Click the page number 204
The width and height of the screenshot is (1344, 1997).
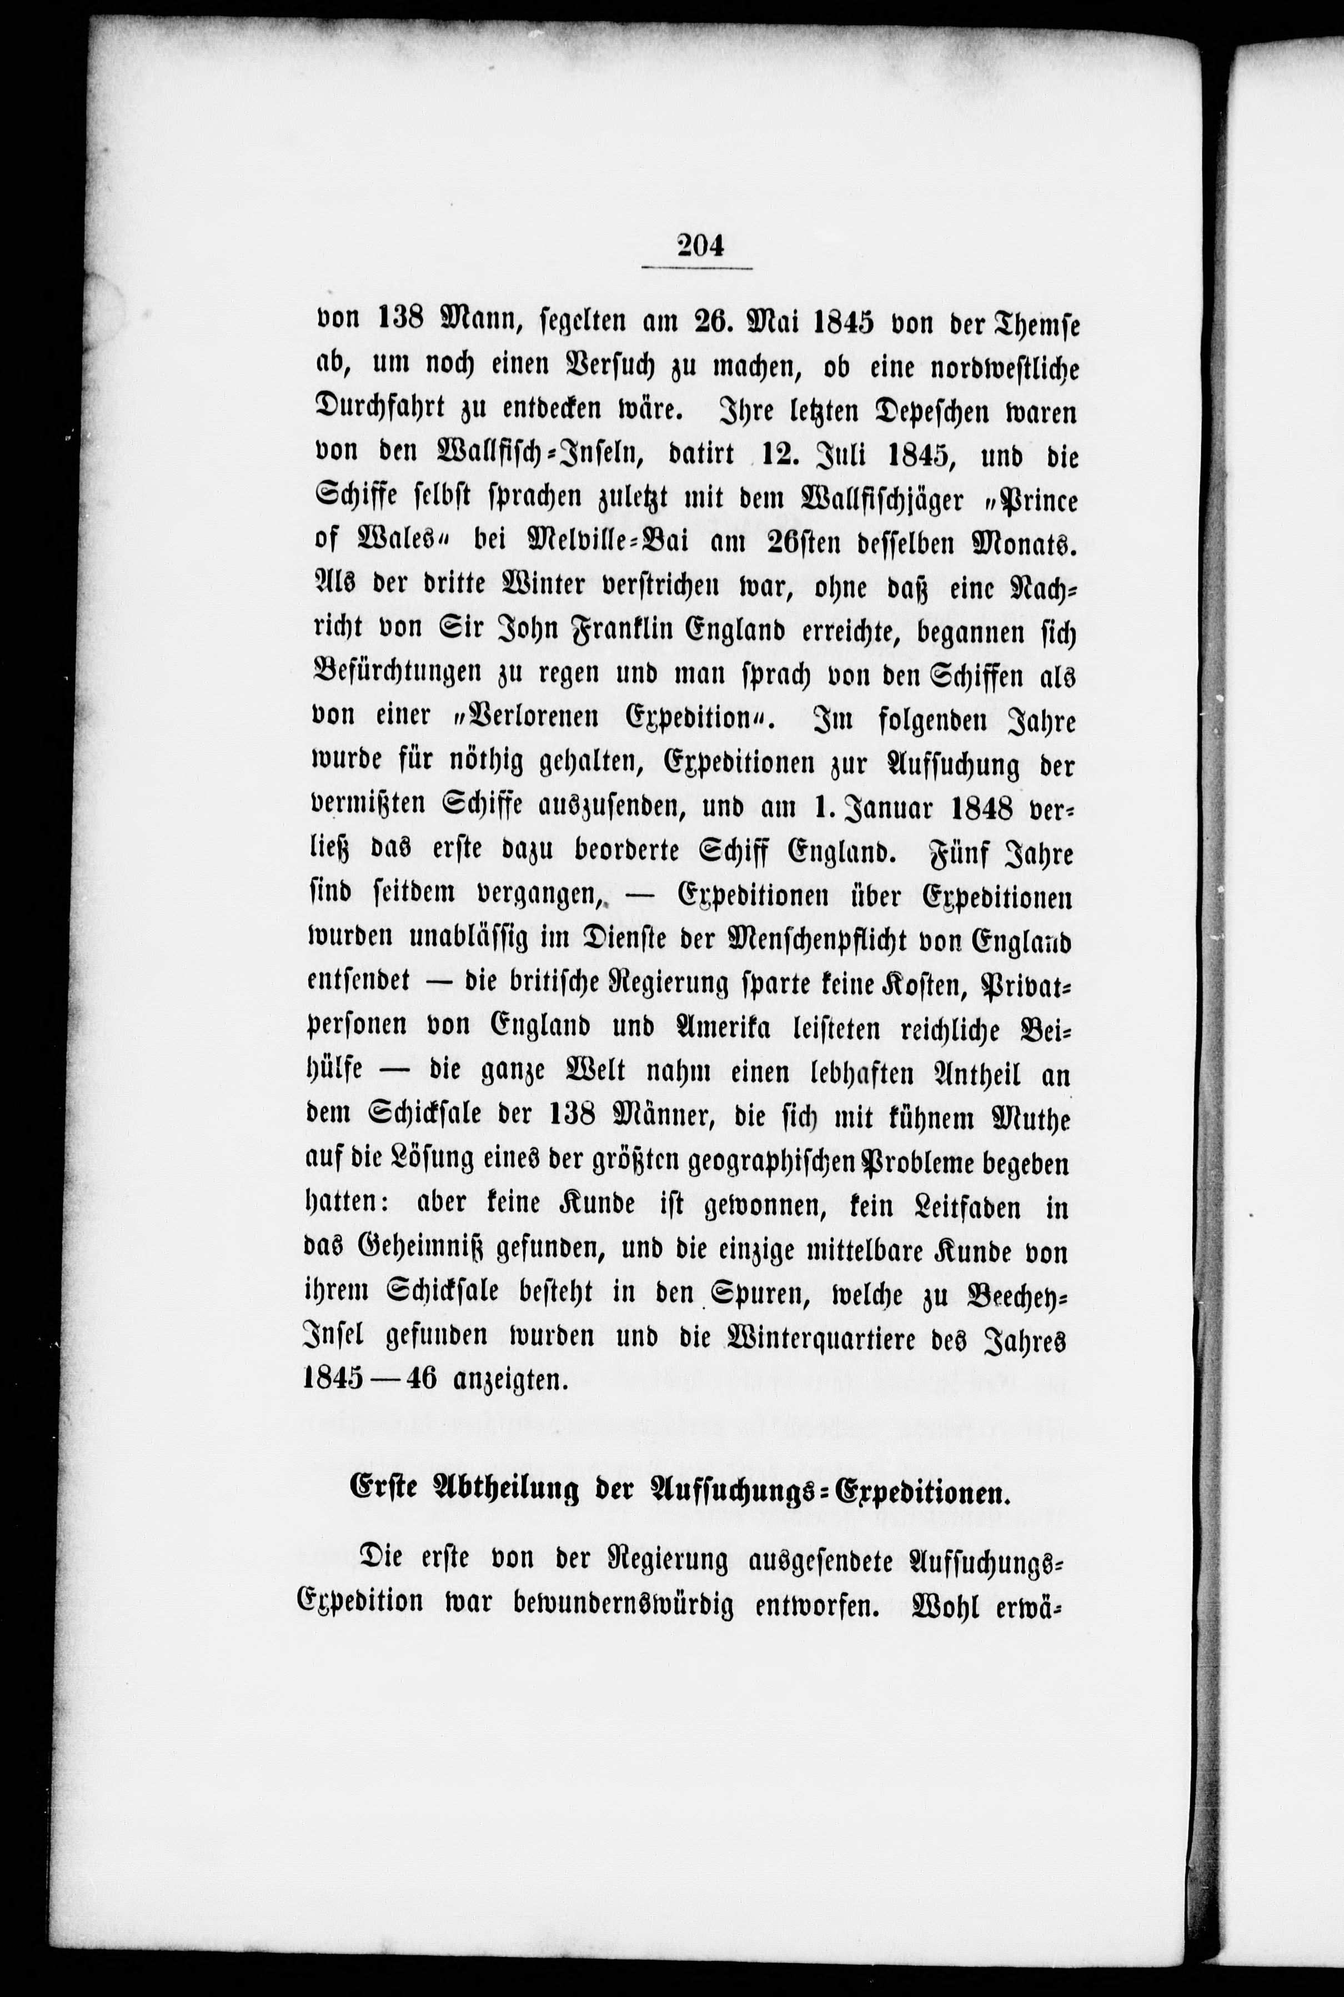(699, 246)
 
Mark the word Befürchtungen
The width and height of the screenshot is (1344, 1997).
(395, 677)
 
